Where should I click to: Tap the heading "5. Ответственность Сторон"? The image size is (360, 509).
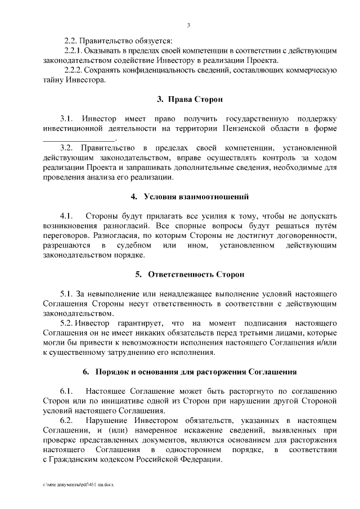click(190, 274)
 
